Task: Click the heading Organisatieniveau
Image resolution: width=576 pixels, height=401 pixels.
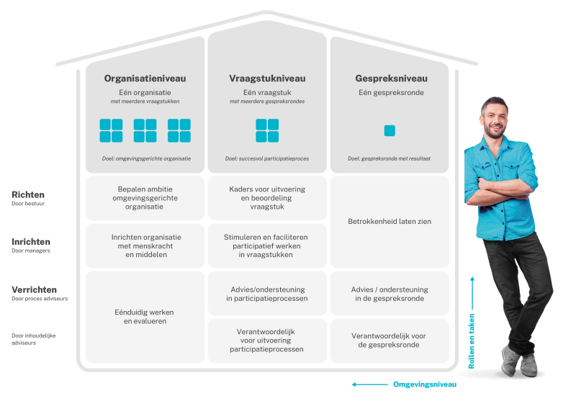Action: pyautogui.click(x=145, y=78)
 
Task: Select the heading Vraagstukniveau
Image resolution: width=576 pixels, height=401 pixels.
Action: pyautogui.click(x=267, y=78)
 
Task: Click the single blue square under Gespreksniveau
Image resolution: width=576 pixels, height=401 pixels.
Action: pyautogui.click(x=390, y=130)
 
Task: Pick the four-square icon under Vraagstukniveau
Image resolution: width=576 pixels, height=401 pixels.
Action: pyautogui.click(x=267, y=130)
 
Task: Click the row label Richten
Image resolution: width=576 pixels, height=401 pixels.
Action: pyautogui.click(x=28, y=194)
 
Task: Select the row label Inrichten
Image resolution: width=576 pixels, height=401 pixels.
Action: pyautogui.click(x=31, y=242)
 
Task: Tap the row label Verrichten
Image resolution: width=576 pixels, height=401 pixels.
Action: pyautogui.click(x=35, y=289)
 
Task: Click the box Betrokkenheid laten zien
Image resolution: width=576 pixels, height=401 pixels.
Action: pyautogui.click(x=390, y=222)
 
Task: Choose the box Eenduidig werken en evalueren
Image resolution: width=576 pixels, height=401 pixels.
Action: pyautogui.click(x=145, y=317)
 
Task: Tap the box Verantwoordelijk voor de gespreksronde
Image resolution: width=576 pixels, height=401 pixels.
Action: pyautogui.click(x=390, y=341)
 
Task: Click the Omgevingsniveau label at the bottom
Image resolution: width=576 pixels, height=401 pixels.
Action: pyautogui.click(x=425, y=384)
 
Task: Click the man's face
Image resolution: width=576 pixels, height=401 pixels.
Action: pyautogui.click(x=495, y=119)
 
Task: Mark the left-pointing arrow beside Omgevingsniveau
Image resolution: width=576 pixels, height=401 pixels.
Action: pyautogui.click(x=369, y=384)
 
